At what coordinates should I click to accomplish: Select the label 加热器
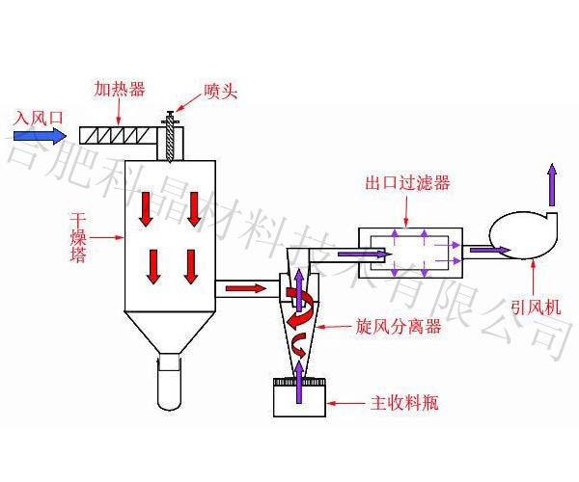(x=119, y=89)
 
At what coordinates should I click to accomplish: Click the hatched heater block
(x=121, y=135)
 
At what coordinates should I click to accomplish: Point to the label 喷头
(x=220, y=92)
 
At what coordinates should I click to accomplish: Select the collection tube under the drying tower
(x=171, y=381)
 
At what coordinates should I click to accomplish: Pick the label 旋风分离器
(x=398, y=327)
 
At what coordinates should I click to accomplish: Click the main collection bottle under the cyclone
(x=299, y=397)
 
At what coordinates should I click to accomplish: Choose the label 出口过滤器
(x=407, y=183)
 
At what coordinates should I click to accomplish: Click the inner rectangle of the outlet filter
(x=409, y=253)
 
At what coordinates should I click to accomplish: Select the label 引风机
(x=536, y=308)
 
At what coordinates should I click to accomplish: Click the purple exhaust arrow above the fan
(x=552, y=185)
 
